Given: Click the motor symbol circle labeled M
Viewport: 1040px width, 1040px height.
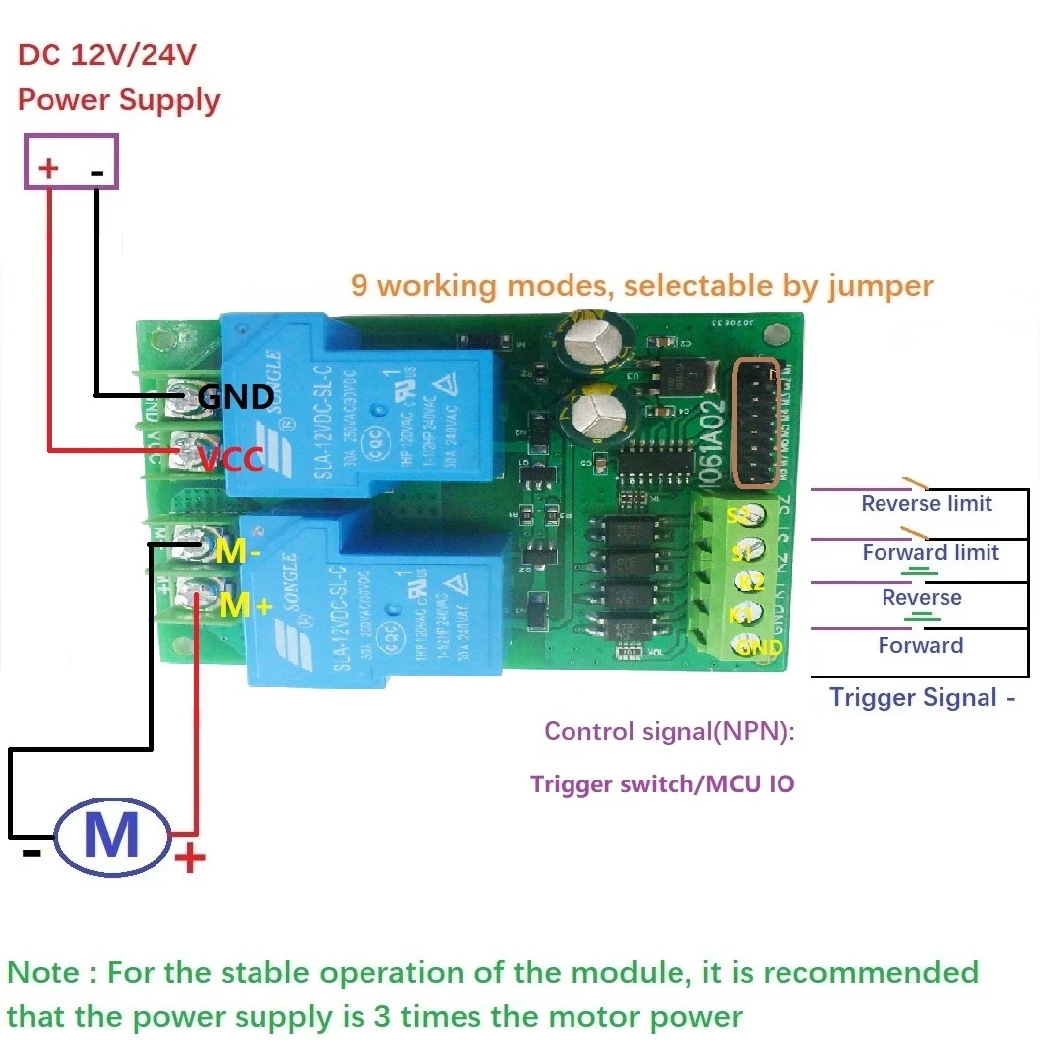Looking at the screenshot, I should pos(112,836).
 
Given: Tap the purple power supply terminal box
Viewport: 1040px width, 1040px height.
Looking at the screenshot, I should pos(71,162).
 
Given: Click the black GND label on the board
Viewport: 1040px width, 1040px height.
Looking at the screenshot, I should pos(236,397).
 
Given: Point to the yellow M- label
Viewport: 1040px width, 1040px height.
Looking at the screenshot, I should pos(237,553).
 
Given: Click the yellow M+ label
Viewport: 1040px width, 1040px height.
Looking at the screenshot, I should pos(244,603).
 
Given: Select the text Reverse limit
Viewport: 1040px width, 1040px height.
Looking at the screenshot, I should pos(926,503).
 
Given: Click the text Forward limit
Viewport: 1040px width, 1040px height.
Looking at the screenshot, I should pos(930,552).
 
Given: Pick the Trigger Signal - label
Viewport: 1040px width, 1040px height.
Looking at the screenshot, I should pos(922,697).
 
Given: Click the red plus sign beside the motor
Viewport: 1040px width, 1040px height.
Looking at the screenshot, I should pos(189,857).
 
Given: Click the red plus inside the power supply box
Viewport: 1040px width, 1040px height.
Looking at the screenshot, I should pos(48,169).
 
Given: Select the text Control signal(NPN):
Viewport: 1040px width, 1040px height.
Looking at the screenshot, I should pos(670,732).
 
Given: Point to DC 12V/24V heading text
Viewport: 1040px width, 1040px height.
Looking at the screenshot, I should pos(107,55).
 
